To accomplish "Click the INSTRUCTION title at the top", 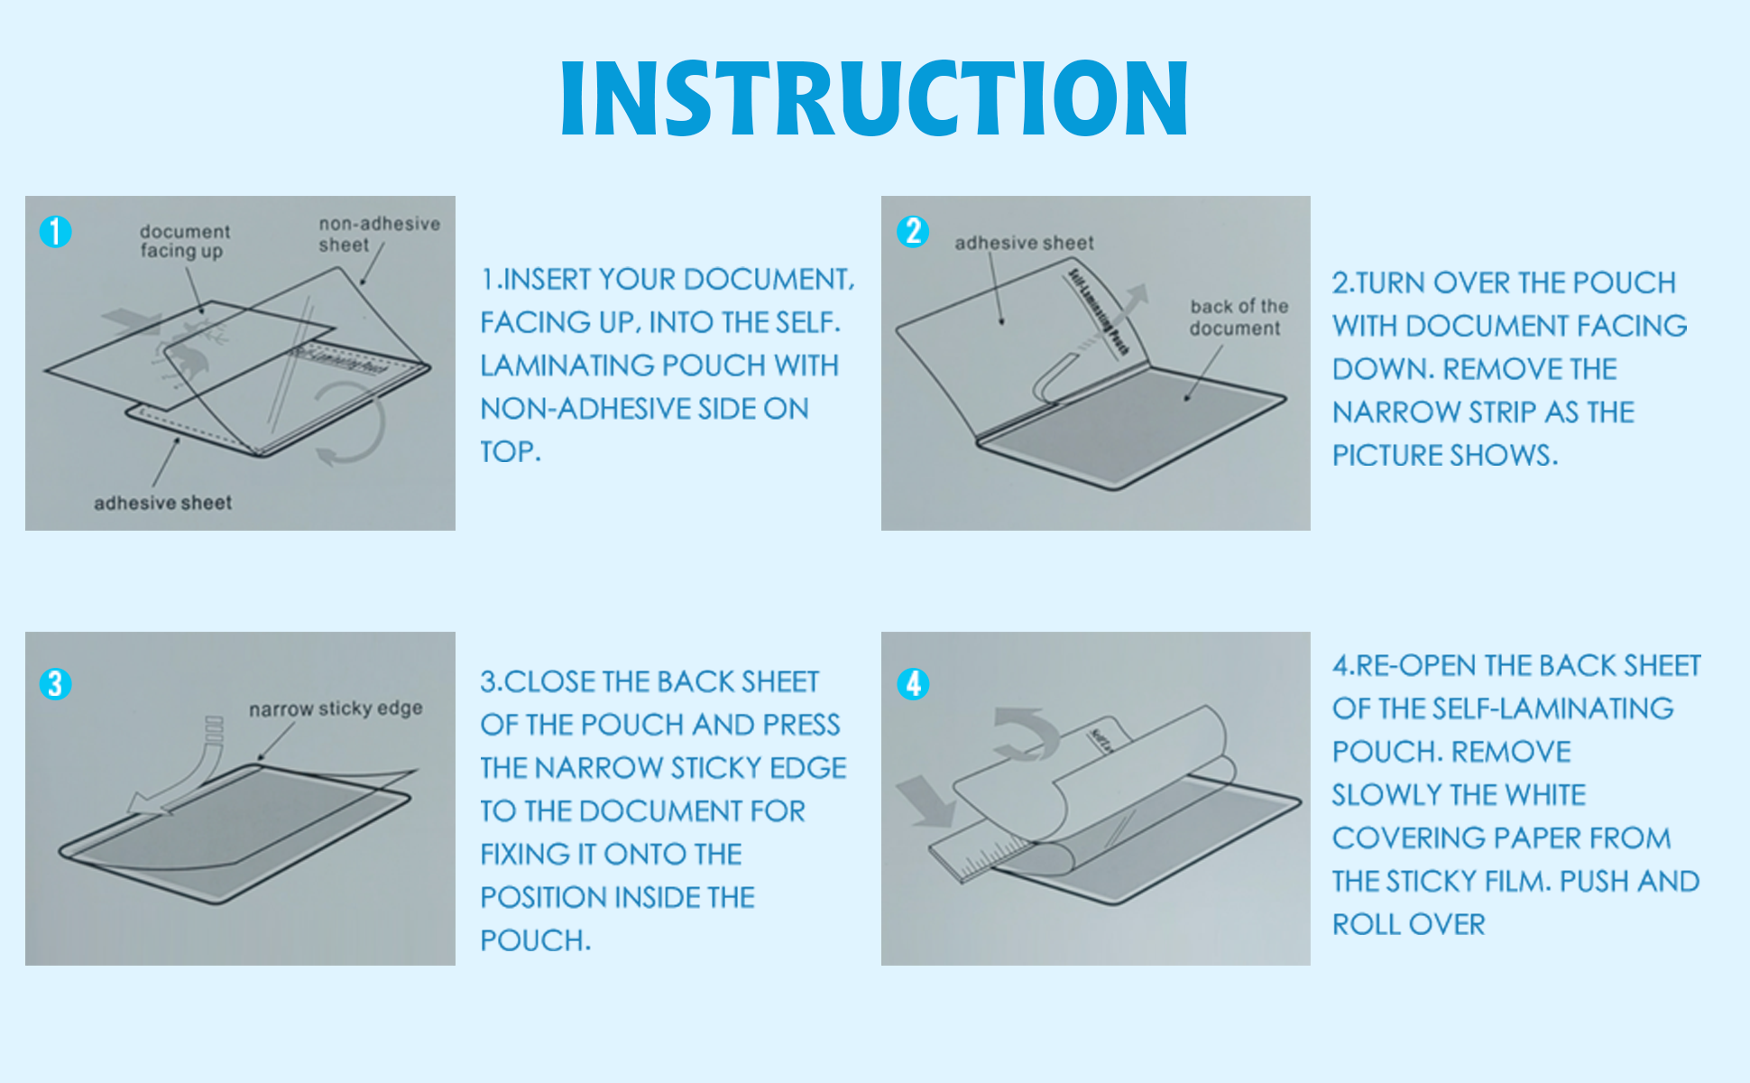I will [x=873, y=98].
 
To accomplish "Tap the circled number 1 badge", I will [x=55, y=232].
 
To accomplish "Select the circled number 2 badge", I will [x=912, y=231].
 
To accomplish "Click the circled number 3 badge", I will [x=55, y=684].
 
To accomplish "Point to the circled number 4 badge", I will [x=912, y=684].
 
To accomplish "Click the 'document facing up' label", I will [x=184, y=241].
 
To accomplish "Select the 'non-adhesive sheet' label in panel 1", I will [x=378, y=234].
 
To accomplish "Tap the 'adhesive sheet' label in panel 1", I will [x=162, y=503].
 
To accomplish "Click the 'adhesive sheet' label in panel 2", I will [x=1023, y=243].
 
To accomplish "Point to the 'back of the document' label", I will [x=1238, y=318].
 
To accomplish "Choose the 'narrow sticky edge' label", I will [x=335, y=709].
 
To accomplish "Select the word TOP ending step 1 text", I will [x=510, y=451].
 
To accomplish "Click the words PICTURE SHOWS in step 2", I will [x=1444, y=455].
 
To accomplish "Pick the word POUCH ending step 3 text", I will [x=534, y=940].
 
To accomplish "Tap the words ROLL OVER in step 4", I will [x=1408, y=924].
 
